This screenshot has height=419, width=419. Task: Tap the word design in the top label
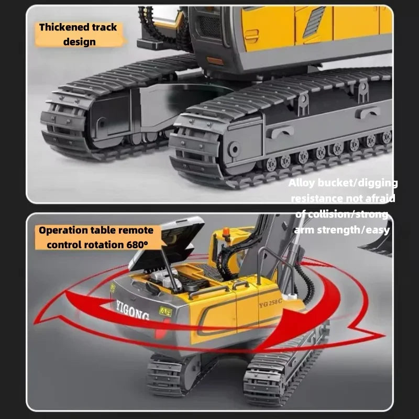(79, 41)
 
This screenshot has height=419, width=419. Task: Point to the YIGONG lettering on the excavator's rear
(132, 308)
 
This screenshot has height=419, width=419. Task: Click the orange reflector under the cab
(215, 61)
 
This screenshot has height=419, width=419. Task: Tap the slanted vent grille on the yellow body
(314, 22)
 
